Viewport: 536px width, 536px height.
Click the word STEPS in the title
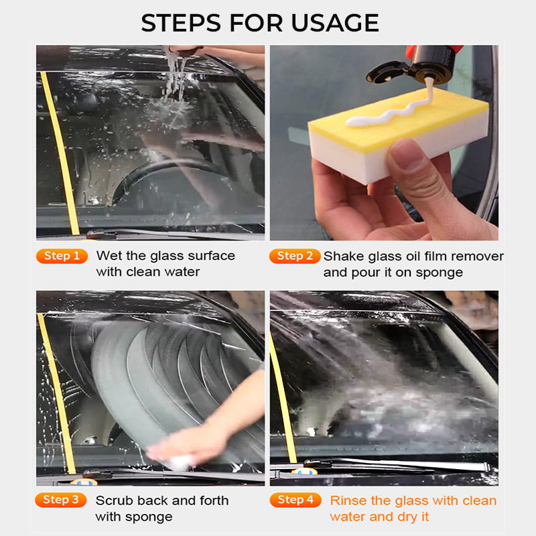[181, 23]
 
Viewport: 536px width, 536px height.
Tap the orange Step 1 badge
[62, 256]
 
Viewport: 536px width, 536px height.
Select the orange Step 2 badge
[295, 256]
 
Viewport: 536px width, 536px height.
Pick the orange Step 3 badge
[61, 500]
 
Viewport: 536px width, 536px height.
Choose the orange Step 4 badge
[295, 500]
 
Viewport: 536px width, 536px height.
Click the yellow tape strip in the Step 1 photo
[60, 153]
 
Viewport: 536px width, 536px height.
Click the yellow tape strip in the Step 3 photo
[56, 393]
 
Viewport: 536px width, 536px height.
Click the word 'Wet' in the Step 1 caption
[109, 256]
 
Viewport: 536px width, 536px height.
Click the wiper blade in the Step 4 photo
[397, 463]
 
